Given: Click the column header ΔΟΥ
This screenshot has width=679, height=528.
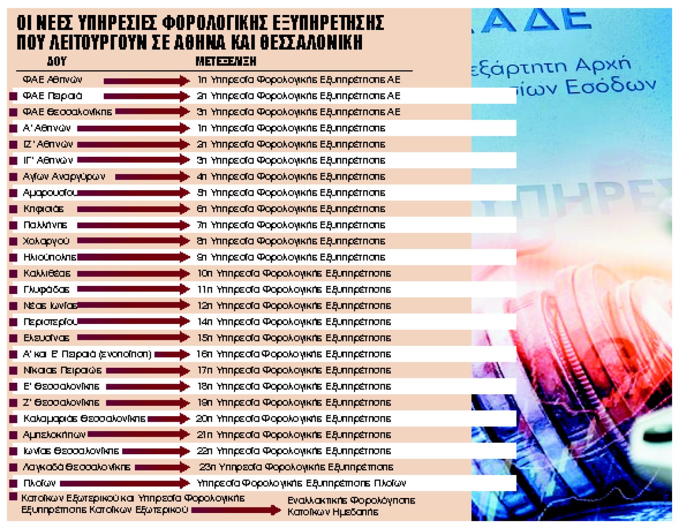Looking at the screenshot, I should (56, 61).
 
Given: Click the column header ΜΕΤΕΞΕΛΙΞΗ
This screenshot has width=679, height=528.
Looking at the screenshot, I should (226, 61).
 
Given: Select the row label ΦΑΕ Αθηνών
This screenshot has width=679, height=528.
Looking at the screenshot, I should (52, 80).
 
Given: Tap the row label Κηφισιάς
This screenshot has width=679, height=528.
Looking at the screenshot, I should (43, 209).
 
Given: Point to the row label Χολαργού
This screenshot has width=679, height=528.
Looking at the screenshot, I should (46, 242).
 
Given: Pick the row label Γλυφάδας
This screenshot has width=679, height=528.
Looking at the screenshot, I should (46, 290).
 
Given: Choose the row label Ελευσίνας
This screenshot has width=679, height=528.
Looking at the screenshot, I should (46, 338).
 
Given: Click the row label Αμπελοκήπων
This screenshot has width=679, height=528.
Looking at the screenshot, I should (54, 435).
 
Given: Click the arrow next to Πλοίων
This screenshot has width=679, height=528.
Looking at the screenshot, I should (125, 484).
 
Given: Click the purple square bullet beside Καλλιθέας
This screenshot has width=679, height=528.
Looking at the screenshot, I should (13, 274).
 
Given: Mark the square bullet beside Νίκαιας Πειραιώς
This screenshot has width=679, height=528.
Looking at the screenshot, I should (13, 371).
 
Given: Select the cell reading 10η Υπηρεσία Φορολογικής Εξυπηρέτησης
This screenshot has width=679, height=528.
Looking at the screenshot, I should (294, 274).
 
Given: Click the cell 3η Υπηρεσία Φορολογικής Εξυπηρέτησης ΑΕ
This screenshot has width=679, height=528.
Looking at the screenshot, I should (299, 112).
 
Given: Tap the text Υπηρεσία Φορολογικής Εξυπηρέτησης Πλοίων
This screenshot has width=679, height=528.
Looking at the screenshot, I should (301, 484).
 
